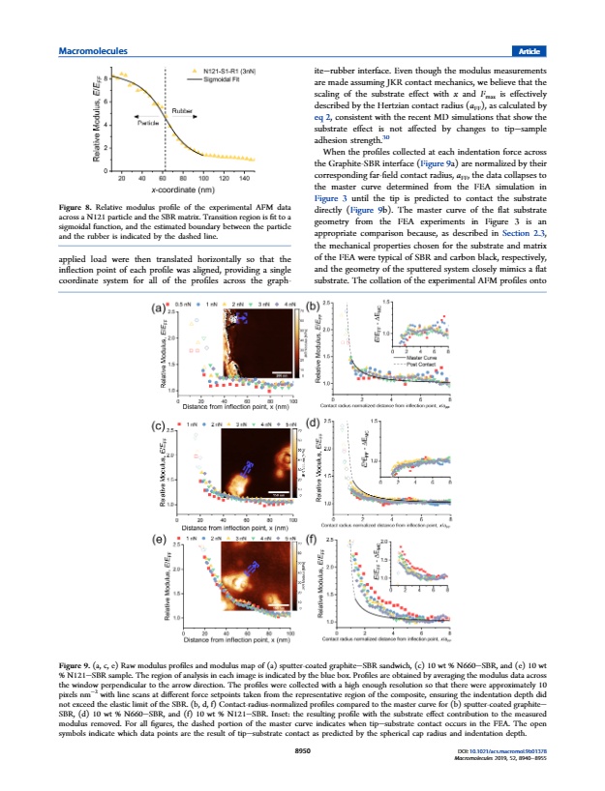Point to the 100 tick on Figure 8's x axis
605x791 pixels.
pos(202,179)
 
